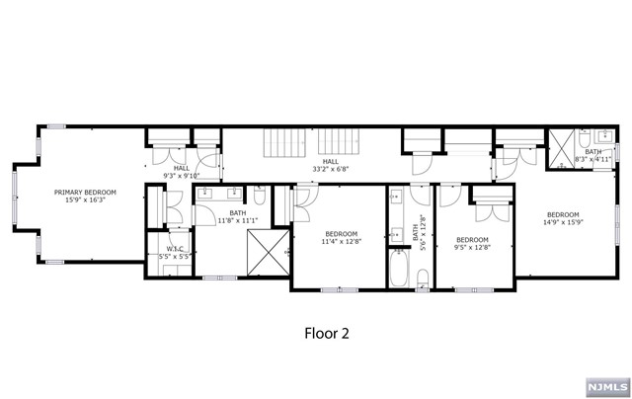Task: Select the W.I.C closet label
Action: click(x=176, y=248)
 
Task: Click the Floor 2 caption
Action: click(x=325, y=334)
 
